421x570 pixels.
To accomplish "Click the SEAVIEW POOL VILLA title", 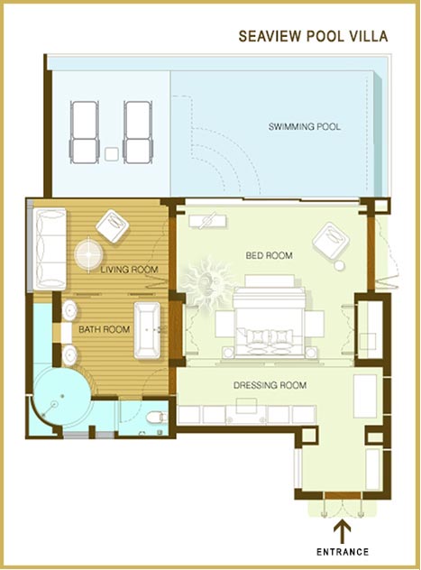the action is coord(313,36).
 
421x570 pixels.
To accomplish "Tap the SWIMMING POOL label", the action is coord(305,127).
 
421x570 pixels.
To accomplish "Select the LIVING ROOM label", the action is coord(129,270).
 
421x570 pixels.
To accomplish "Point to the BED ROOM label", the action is coord(270,255).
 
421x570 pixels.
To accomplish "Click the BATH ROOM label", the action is coord(105,330).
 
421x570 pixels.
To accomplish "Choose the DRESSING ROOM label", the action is coord(270,385).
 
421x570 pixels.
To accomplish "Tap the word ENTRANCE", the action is coord(343,552).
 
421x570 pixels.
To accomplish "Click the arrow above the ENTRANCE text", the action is coord(343,532).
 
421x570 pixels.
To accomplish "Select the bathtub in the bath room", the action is coord(147,330).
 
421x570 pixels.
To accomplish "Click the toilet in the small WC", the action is coord(157,417).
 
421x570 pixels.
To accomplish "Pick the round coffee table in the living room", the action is coord(88,254).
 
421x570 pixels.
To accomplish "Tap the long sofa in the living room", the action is coord(50,249).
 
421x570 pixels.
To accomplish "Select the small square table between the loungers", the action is coord(111,154).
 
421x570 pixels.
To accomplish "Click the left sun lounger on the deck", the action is coord(84,133).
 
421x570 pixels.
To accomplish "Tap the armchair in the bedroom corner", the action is coord(331,241).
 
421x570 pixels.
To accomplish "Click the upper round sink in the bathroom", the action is coord(69,311).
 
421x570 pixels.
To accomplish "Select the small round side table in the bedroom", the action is coord(339,266).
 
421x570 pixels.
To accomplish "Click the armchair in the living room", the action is coord(113,225).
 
